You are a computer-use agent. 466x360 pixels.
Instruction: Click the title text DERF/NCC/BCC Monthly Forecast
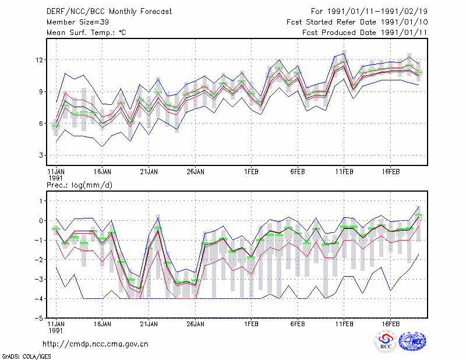(109, 12)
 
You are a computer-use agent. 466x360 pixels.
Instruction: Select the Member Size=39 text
(77, 22)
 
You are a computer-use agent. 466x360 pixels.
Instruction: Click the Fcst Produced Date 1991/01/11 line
(365, 33)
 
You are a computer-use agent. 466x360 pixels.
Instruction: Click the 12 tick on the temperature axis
(40, 60)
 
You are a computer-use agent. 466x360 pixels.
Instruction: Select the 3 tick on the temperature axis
(41, 155)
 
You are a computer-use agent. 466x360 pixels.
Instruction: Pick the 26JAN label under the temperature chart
(195, 172)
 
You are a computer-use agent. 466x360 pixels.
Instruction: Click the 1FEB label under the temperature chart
(251, 172)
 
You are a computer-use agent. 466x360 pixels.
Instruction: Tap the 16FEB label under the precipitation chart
(390, 324)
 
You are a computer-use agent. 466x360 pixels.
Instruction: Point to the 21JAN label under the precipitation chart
(149, 324)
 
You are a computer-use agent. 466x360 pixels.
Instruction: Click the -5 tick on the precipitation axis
(39, 318)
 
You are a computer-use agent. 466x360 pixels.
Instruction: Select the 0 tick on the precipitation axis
(41, 221)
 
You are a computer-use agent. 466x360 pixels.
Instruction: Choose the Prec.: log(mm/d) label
(79, 185)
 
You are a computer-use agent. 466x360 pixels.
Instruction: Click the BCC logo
(386, 341)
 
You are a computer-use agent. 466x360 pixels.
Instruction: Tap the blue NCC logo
(412, 341)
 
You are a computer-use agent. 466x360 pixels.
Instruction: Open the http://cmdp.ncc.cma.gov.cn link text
(96, 344)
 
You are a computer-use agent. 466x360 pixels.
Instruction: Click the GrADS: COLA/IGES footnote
(26, 357)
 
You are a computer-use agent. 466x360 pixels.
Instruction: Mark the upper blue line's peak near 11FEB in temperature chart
(344, 53)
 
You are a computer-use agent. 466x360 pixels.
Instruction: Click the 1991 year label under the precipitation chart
(55, 330)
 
